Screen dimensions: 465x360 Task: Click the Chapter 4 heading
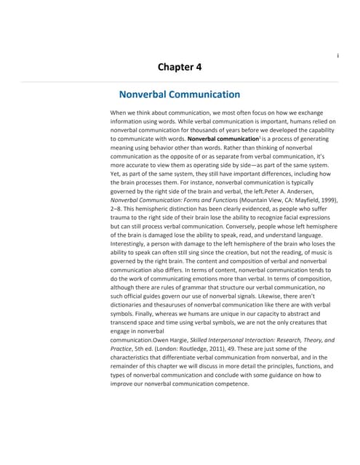pyautogui.click(x=180, y=68)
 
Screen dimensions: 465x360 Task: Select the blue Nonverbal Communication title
pyautogui.click(x=179, y=94)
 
